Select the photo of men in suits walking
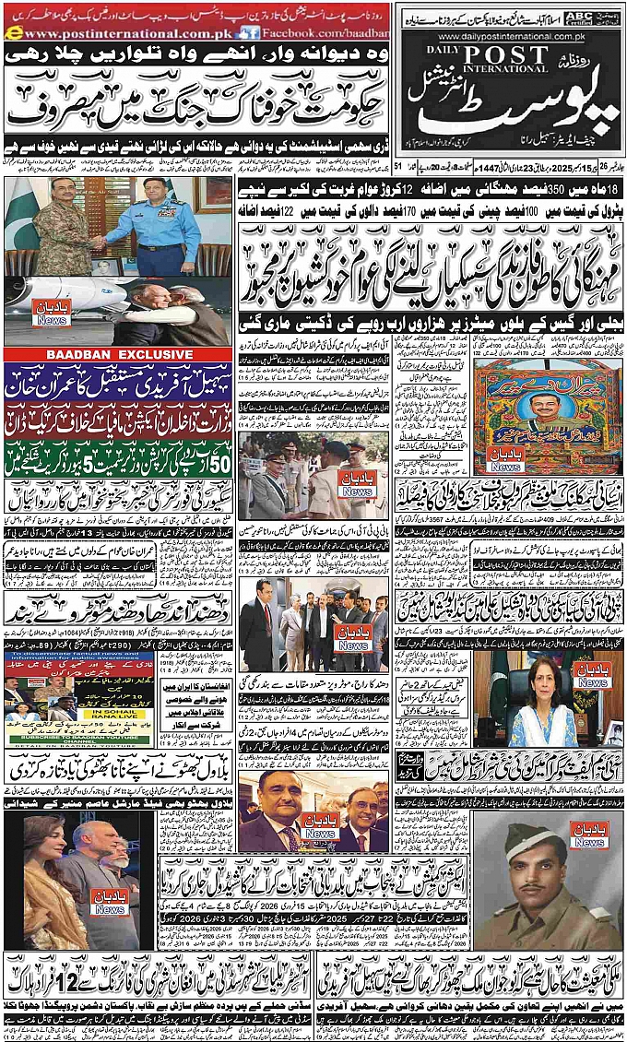313,622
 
